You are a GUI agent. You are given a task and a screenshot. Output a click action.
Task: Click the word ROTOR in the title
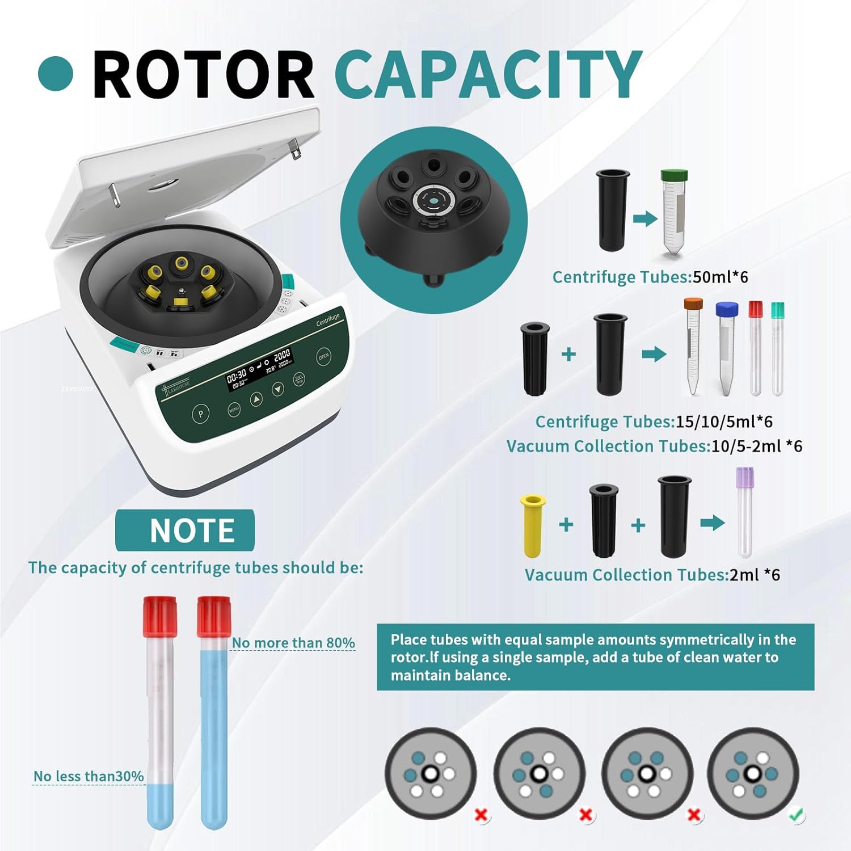tap(203, 74)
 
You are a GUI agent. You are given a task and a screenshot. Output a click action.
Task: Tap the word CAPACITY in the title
tap(488, 74)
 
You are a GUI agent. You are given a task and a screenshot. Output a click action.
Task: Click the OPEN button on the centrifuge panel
tap(323, 356)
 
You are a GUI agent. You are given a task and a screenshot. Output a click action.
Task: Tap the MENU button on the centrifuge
tap(234, 409)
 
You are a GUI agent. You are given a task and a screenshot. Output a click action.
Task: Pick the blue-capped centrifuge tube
tap(726, 347)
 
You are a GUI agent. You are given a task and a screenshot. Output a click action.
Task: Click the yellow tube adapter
tap(533, 525)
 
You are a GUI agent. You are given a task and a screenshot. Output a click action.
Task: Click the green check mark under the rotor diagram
tap(797, 815)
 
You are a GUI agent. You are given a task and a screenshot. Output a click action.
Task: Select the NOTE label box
tap(185, 530)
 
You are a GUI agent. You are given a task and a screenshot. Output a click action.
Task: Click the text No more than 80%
tap(293, 643)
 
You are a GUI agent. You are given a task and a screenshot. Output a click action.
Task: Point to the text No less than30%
tap(89, 776)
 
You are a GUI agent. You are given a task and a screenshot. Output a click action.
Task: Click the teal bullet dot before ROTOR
tap(56, 74)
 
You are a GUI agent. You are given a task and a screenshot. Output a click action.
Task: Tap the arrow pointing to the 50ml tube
tap(645, 218)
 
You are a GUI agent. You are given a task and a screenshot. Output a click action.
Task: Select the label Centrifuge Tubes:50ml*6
tap(650, 277)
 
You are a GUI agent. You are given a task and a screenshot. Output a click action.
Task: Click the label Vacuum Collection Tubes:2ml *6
tap(652, 575)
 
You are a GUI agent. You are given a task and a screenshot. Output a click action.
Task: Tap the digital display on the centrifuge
tap(259, 368)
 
